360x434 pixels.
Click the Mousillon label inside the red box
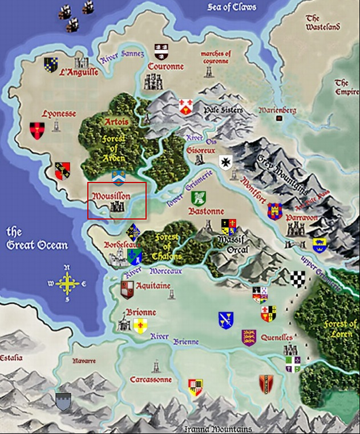111,196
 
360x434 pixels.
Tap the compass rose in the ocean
67,282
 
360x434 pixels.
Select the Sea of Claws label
232,7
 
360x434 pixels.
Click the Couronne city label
165,67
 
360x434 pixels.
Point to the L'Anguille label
79,72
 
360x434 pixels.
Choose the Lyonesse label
59,113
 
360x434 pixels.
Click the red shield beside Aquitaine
128,290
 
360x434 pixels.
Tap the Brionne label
140,313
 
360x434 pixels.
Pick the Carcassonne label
151,379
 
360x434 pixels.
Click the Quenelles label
277,336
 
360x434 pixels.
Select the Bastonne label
206,210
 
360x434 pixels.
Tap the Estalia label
11,358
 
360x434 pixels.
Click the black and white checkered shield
298,279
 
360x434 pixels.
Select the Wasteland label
322,23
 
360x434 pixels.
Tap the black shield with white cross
226,163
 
